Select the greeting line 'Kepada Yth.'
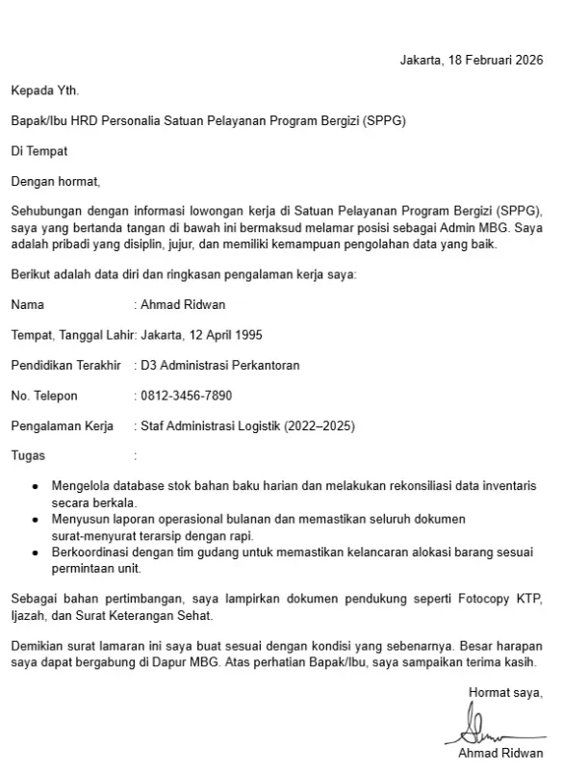45,90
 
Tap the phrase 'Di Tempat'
39,151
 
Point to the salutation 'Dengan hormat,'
55,181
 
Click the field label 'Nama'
28,305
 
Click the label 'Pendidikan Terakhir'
65,365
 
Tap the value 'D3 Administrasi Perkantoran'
220,365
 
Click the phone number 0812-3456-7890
187,396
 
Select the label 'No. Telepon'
44,396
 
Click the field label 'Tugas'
28,455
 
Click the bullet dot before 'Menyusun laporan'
36,519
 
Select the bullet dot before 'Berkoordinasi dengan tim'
36,553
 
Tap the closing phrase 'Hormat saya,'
505,691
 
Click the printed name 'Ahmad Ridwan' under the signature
500,753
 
